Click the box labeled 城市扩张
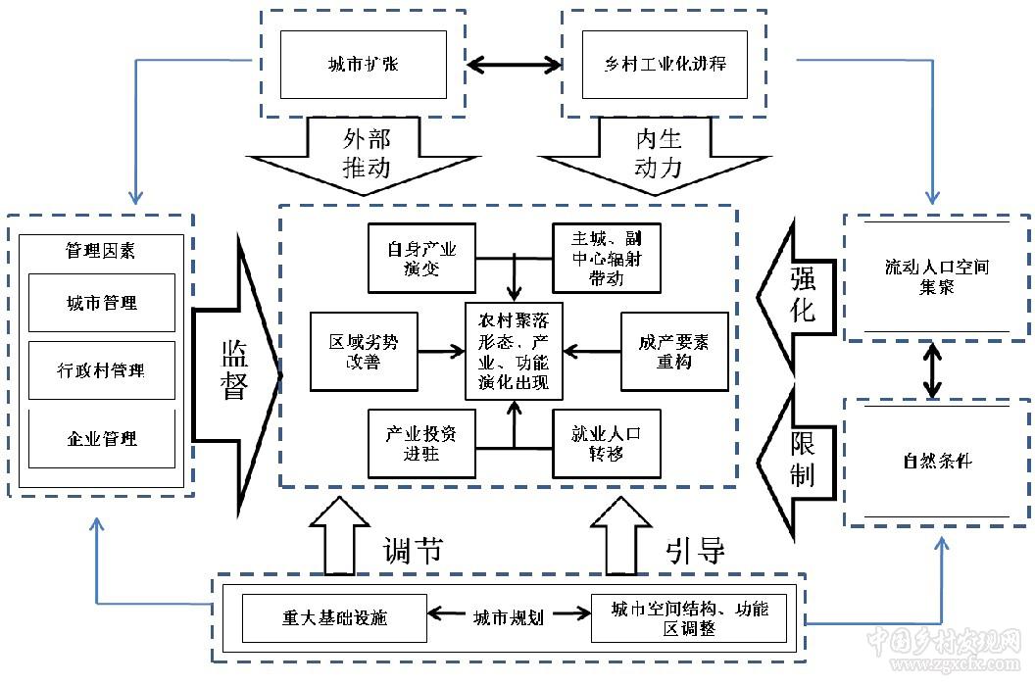coord(363,65)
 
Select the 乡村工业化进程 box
coord(665,65)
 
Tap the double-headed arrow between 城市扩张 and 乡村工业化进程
coord(515,66)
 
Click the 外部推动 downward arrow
coord(366,153)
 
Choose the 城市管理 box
coord(102,303)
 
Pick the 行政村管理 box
coord(102,370)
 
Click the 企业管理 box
coord(102,438)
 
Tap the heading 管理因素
coord(101,251)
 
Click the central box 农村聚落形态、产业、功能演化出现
coord(514,351)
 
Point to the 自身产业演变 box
coord(415,258)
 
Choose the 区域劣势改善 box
coord(363,351)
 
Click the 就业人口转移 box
coord(607,443)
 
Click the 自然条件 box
coord(936,461)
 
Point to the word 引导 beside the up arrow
coord(695,551)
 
